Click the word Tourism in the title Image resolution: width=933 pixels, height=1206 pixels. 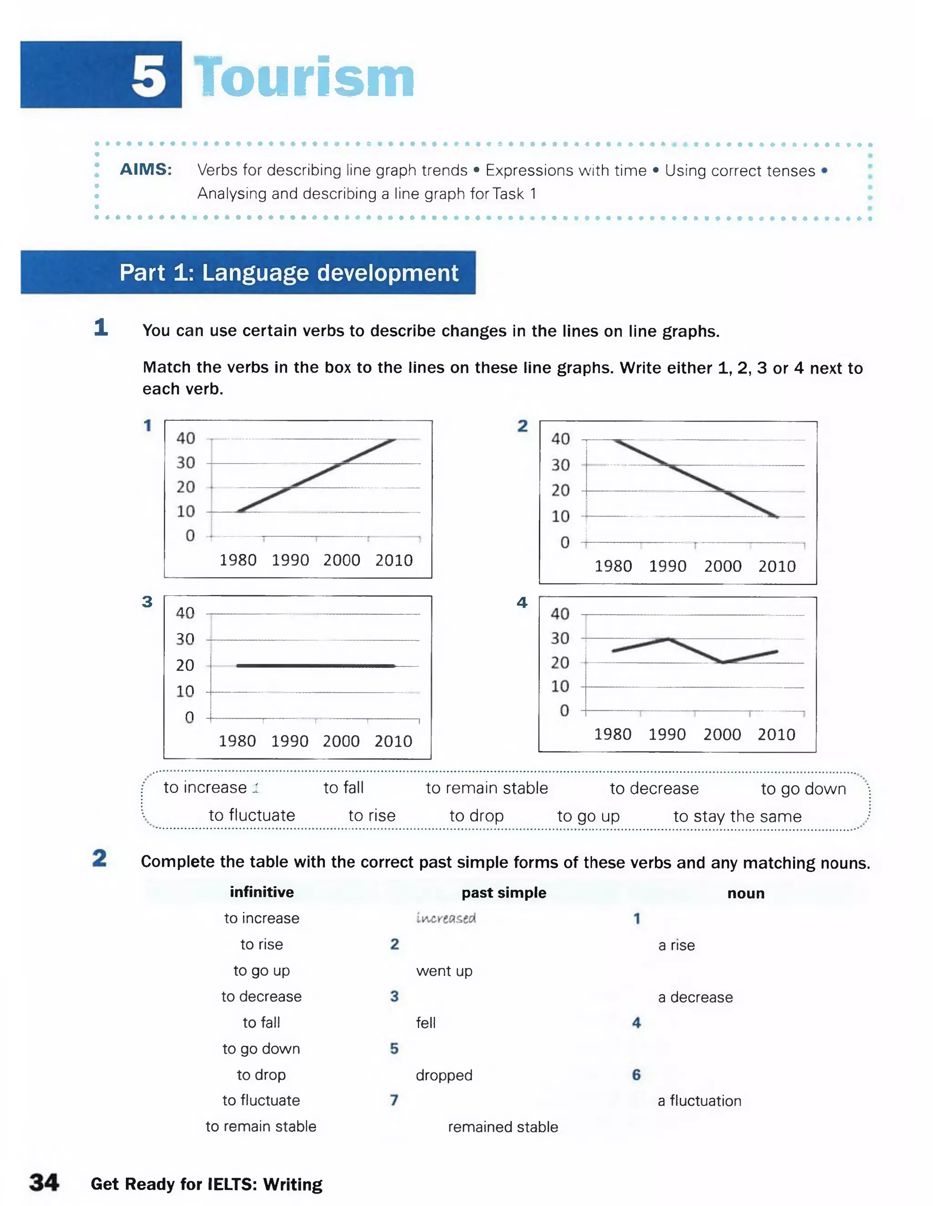coord(304,77)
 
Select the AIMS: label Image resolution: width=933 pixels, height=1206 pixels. coord(146,169)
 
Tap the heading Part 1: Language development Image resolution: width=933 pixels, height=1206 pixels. coord(289,273)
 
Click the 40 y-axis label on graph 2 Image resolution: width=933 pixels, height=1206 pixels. coord(560,439)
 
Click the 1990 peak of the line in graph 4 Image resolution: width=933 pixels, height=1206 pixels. coord(668,639)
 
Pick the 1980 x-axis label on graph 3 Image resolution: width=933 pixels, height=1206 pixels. coord(237,741)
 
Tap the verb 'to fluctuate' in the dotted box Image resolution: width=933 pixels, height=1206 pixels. coord(252,815)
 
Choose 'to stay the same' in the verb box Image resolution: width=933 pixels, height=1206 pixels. coord(737,816)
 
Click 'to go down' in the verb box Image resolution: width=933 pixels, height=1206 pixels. coord(803,788)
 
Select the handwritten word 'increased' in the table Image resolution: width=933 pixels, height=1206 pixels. coord(446,918)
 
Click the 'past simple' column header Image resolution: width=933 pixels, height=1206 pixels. coord(504,893)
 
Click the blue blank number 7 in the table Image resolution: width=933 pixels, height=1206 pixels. coord(394,1100)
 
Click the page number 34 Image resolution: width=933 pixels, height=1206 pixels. coord(44,1183)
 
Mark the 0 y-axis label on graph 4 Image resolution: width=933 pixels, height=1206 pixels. coord(564,710)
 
